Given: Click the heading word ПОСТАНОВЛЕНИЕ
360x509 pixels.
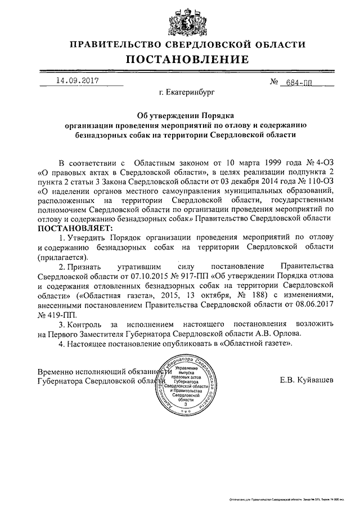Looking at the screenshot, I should point(186,59).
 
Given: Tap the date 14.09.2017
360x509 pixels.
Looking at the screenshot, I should point(76,80).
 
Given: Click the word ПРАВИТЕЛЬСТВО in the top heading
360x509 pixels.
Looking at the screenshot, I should point(118,44).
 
